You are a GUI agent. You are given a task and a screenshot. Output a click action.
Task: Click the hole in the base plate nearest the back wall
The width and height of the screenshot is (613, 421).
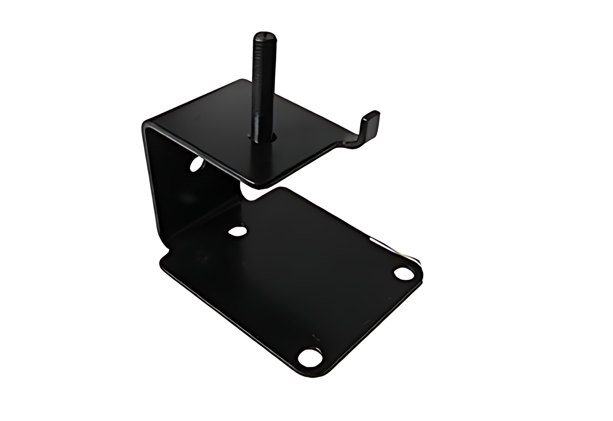(237, 231)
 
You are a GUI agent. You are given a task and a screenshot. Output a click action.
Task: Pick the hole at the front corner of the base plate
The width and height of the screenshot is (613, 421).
(310, 357)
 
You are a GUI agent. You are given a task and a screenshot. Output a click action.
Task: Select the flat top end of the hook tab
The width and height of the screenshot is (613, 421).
(372, 114)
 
